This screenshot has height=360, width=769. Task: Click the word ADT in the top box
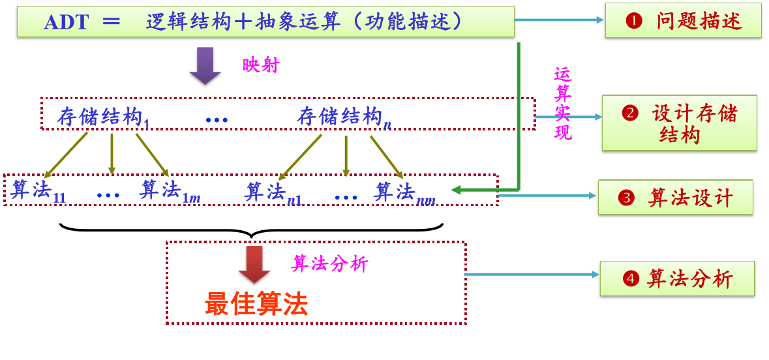point(66,22)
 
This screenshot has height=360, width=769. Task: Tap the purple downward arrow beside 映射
point(205,65)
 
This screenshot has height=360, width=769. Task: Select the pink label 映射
point(260,65)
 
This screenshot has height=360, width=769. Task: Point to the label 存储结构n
point(343,117)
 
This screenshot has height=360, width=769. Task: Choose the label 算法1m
point(169,191)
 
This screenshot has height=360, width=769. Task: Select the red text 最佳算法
point(256,304)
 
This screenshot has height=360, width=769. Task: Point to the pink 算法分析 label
point(329,263)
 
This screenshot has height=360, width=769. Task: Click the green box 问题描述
point(683,21)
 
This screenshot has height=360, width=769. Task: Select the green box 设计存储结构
point(679,123)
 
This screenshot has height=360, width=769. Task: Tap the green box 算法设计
point(675,198)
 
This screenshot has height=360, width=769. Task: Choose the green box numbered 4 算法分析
point(677,278)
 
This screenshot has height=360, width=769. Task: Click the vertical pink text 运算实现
point(562,104)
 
